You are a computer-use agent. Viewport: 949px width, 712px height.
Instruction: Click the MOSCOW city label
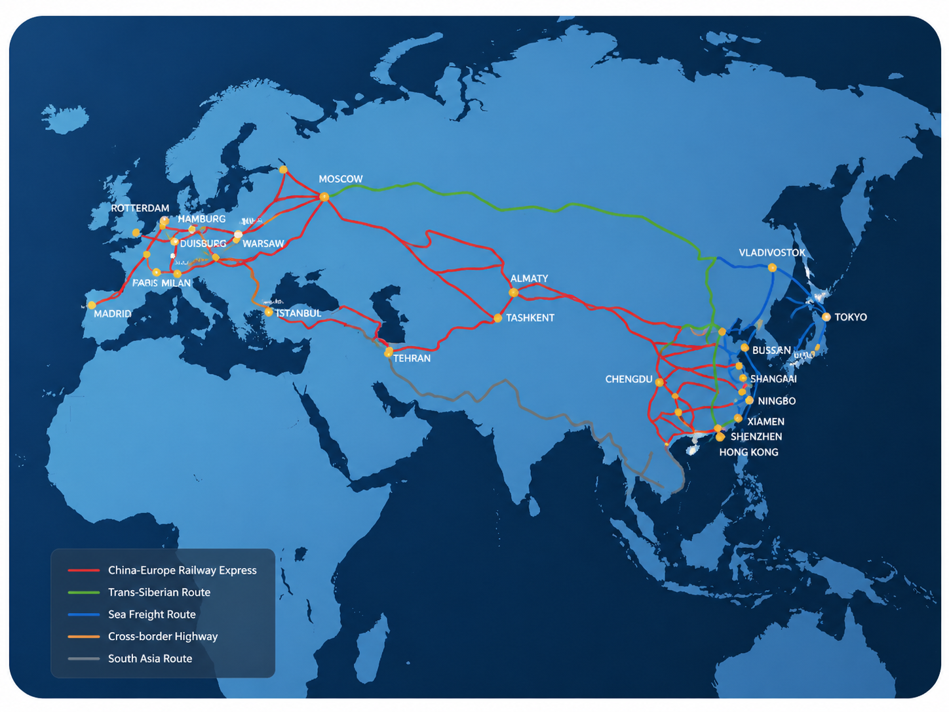point(340,179)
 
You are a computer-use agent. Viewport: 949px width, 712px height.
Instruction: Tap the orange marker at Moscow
point(324,196)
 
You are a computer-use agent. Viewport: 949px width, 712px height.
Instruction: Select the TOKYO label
point(850,317)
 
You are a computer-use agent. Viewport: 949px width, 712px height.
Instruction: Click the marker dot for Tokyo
point(826,317)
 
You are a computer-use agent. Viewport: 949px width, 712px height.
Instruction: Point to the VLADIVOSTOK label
point(771,253)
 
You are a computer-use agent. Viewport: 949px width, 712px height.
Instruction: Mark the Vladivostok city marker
point(772,267)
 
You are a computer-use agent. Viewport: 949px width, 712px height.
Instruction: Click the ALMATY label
point(529,279)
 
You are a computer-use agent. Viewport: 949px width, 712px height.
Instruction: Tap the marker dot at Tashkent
point(497,318)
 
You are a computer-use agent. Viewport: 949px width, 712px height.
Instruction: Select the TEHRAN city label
point(412,359)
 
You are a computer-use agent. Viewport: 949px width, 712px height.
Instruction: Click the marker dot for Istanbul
point(269,313)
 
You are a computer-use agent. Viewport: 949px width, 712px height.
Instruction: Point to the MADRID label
point(112,314)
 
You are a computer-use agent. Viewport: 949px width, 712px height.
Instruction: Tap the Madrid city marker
point(92,305)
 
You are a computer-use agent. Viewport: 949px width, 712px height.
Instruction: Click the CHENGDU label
point(629,380)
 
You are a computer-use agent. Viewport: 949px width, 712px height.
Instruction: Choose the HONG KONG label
point(748,452)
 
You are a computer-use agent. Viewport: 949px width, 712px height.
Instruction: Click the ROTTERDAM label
point(140,208)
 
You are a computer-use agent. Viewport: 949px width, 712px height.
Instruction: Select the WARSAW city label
point(263,244)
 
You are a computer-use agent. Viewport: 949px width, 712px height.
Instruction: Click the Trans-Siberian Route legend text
point(159,593)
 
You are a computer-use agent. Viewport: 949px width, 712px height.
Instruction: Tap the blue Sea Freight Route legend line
point(83,615)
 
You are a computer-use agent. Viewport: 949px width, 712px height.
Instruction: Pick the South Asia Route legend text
point(150,659)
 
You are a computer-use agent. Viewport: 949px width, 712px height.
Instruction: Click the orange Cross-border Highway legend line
point(83,637)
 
